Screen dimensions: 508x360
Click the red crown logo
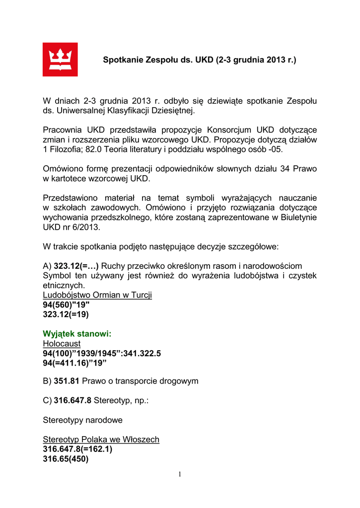(x=60, y=59)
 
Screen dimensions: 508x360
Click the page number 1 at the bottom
(x=180, y=475)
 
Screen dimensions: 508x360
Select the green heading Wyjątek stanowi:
(x=77, y=334)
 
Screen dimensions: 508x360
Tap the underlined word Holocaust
(x=62, y=343)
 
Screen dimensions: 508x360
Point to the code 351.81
(x=67, y=381)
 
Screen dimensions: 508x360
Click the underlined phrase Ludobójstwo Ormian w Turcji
(x=97, y=295)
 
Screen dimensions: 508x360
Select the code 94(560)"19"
(x=67, y=305)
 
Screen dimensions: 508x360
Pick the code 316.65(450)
(x=66, y=459)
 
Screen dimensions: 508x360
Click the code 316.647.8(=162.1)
(x=77, y=449)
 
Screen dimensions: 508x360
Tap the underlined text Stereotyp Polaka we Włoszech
(x=101, y=440)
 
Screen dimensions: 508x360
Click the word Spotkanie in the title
(x=122, y=60)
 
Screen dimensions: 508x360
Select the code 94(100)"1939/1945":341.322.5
(x=102, y=353)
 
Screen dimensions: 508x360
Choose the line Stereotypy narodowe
(x=82, y=420)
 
